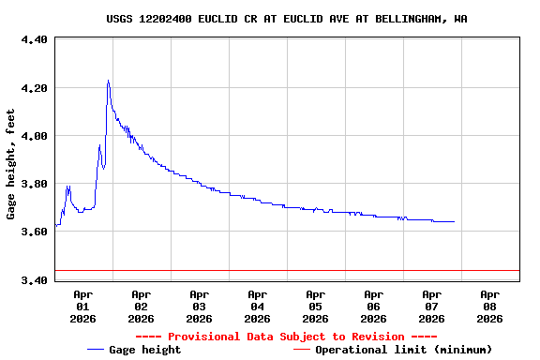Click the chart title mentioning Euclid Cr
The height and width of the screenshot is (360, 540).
click(x=287, y=19)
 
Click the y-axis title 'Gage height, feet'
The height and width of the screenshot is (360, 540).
click(x=11, y=164)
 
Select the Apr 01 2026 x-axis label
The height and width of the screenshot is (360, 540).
click(x=82, y=306)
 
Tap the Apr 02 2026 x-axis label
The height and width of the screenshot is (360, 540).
click(x=141, y=306)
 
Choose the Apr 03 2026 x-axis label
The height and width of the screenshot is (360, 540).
click(x=199, y=306)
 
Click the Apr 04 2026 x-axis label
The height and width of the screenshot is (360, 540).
click(x=257, y=306)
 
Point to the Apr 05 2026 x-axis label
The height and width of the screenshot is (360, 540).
click(x=315, y=306)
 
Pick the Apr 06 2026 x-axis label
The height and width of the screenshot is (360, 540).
click(x=373, y=306)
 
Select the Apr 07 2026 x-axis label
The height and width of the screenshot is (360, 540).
click(x=431, y=306)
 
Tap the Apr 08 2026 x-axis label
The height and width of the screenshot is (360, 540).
click(x=489, y=306)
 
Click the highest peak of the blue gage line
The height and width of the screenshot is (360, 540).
click(x=108, y=81)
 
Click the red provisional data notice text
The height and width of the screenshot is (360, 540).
click(x=286, y=337)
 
